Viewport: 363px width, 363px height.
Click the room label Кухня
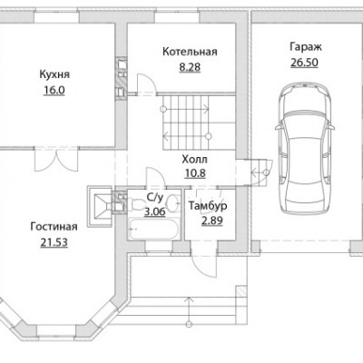coord(54,74)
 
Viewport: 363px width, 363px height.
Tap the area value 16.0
coord(54,90)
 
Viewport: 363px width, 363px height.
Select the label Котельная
coord(190,52)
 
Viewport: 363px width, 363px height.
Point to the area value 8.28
coord(190,67)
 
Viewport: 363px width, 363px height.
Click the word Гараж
coord(306,47)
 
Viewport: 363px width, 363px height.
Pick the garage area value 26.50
coord(305,63)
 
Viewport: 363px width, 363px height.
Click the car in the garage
coord(305,149)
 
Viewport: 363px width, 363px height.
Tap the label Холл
coord(194,159)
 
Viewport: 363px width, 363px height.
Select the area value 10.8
coord(195,173)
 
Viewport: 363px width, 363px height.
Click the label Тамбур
coord(208,206)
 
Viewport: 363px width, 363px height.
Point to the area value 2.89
coord(212,221)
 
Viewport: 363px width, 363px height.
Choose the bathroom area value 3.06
coord(154,211)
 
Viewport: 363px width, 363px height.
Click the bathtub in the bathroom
coord(152,230)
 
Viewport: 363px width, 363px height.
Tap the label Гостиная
coord(54,227)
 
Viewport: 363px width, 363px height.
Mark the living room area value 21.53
coord(54,242)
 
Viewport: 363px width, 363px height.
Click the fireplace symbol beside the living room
coord(100,207)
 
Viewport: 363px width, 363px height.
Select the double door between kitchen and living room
coord(56,160)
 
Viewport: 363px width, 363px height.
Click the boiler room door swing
coord(146,84)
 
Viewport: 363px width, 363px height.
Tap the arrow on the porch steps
coord(190,311)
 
